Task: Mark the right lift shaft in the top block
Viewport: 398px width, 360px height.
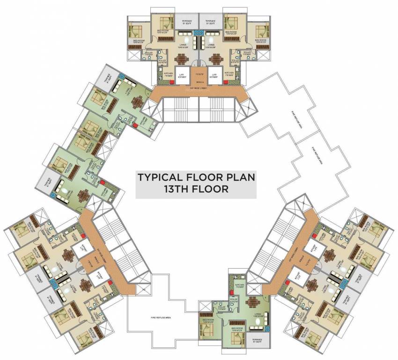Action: click(x=215, y=75)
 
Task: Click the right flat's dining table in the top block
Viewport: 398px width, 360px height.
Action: click(x=216, y=59)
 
